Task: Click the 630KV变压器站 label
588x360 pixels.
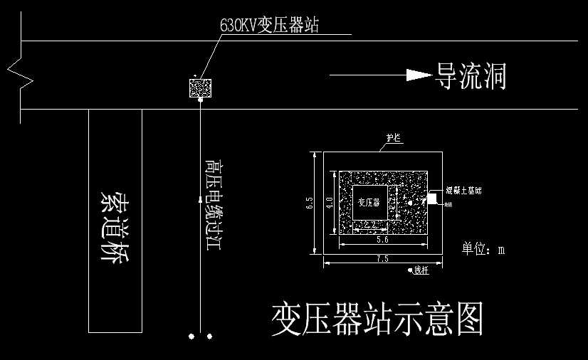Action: (270, 26)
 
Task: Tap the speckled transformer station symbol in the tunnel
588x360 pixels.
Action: (200, 88)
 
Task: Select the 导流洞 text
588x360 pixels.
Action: (471, 75)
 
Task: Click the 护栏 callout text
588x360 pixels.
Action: (394, 138)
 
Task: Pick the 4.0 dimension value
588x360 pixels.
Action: (329, 202)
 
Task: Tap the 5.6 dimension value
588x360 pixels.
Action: (382, 241)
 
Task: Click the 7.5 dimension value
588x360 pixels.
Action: (382, 259)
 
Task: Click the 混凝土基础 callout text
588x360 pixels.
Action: (463, 191)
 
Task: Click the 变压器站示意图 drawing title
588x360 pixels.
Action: (377, 319)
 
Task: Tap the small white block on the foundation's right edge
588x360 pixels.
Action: (432, 198)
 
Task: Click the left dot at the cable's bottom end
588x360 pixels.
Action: (191, 336)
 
